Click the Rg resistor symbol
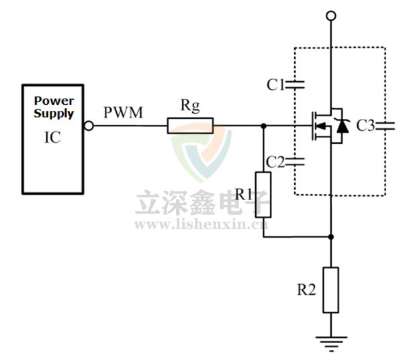tap(190, 126)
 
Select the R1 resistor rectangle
tap(263, 195)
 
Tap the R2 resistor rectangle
tap(330, 289)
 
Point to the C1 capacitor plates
tap(296, 85)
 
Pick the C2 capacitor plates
tap(296, 161)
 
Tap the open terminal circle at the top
tap(330, 15)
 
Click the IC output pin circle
tap(88, 126)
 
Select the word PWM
tap(123, 112)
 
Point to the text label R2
tap(306, 290)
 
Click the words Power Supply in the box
tap(54, 107)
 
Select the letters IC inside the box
tap(52, 138)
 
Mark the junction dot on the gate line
tap(263, 126)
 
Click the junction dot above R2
tap(330, 236)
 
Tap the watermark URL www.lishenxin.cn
tap(201, 224)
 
